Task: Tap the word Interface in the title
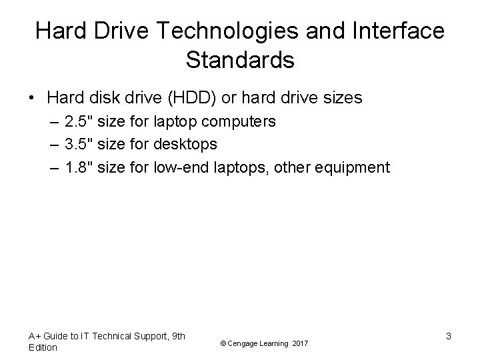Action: tap(395, 31)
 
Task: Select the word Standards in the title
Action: tap(240, 60)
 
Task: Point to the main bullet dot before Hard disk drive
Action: tap(31, 99)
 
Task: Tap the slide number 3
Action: tap(449, 337)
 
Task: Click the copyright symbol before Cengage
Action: tap(222, 343)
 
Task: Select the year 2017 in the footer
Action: tap(299, 343)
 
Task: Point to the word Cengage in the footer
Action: tap(244, 343)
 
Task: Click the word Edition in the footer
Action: tap(43, 348)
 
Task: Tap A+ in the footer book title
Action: tap(35, 336)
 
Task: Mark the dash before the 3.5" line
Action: tap(53, 144)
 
